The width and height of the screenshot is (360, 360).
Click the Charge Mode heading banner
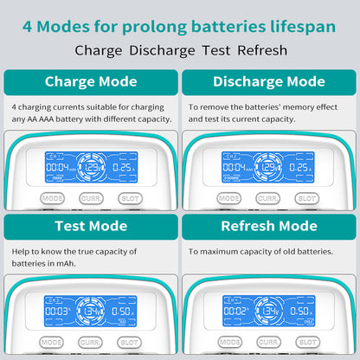91,82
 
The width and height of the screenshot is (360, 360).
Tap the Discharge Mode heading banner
268,82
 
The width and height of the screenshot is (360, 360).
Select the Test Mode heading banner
91,227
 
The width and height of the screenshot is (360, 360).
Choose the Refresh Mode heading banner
268,227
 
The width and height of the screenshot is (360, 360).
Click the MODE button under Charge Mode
53,198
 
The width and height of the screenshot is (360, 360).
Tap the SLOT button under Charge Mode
130,198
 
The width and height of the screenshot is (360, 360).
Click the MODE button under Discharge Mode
229,198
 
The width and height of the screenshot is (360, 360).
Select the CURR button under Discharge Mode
268,198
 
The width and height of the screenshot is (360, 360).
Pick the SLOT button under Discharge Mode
306,198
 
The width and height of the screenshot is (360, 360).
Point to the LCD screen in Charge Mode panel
91,167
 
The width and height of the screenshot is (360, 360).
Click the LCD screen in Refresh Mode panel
268,311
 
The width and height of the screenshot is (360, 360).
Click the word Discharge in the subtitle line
163,50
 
